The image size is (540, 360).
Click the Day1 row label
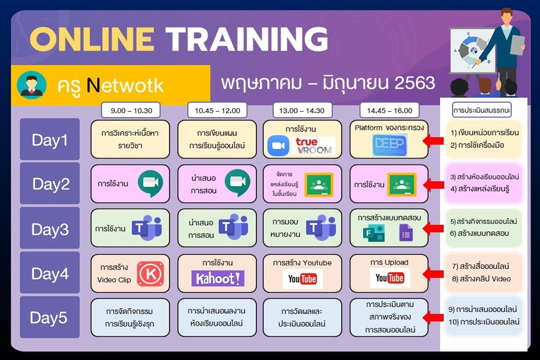coord(49,139)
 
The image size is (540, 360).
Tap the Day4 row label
coord(49,273)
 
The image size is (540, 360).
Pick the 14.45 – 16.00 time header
coord(390,110)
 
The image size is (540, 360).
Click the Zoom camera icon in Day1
coord(278,146)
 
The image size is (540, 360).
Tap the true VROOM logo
coord(314,146)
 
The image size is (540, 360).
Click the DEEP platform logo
coord(389,145)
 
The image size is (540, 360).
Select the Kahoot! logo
coord(218,278)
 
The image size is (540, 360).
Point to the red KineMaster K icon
coord(150,273)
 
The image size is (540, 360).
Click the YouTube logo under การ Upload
coord(389,278)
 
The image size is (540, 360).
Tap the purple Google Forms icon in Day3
coord(406,232)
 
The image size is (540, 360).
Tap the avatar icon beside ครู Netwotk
coord(31,84)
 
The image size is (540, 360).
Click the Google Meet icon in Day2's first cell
coord(150,183)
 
